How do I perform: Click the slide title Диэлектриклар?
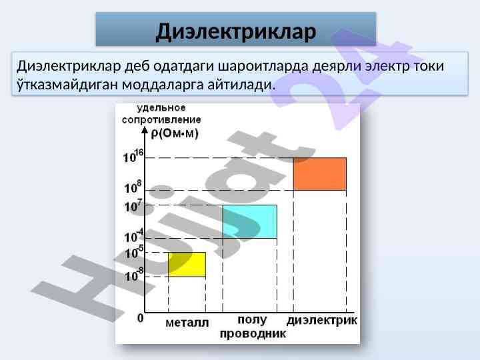[x=236, y=32]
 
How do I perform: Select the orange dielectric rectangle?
[x=320, y=174]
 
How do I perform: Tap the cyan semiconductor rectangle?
[x=250, y=221]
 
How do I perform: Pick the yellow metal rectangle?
[x=187, y=265]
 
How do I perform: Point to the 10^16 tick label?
[x=133, y=156]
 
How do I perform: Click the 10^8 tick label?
[x=133, y=187]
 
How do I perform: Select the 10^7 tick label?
[x=133, y=206]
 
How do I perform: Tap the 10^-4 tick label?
[x=134, y=236]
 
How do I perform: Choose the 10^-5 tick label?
[x=135, y=252]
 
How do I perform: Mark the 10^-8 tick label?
[x=134, y=275]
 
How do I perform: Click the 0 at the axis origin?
[x=140, y=319]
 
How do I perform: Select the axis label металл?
[x=187, y=323]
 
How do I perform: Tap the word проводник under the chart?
[x=253, y=334]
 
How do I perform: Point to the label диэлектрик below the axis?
[x=322, y=321]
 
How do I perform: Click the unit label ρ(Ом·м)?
[x=175, y=133]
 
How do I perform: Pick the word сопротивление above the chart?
[x=161, y=120]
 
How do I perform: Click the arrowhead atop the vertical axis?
[x=145, y=130]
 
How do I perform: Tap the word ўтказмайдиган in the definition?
[x=67, y=85]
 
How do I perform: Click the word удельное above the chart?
[x=161, y=108]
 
